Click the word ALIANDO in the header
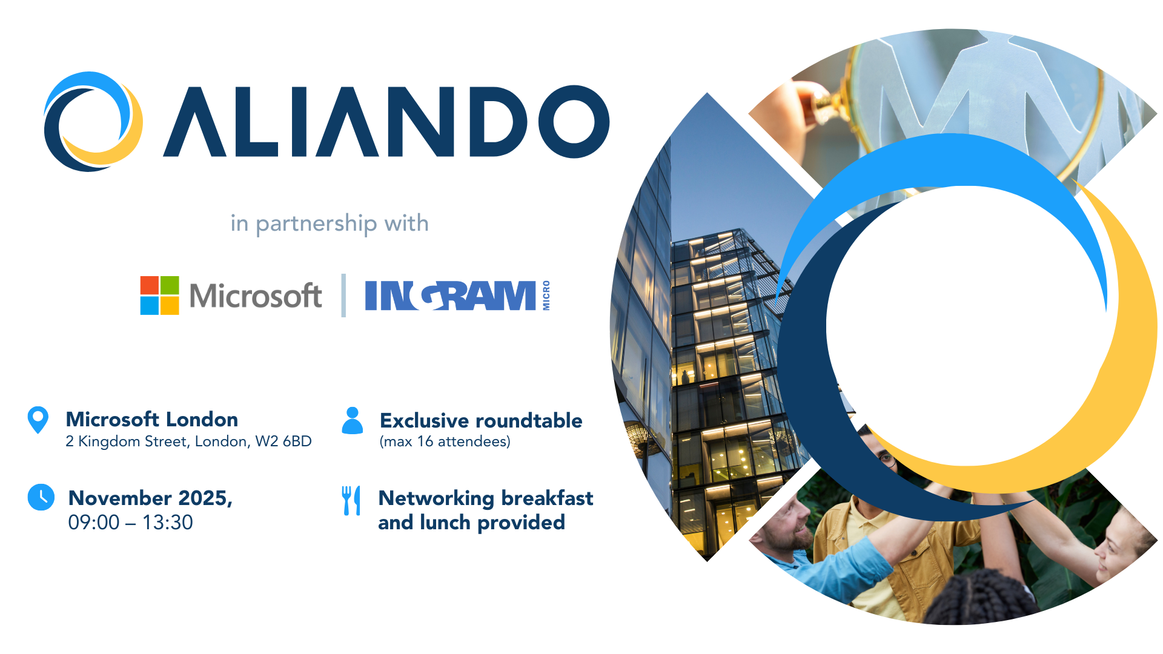tap(386, 122)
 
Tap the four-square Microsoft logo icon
tap(160, 296)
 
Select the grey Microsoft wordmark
tap(255, 296)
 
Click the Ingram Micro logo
tap(457, 296)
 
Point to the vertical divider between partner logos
tap(343, 296)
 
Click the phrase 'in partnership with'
tap(330, 223)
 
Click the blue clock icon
tap(41, 497)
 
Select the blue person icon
tap(353, 420)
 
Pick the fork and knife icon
tap(351, 500)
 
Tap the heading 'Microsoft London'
tap(152, 419)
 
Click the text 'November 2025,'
tap(151, 498)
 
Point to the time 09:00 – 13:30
tap(131, 522)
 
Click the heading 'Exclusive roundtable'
tap(481, 420)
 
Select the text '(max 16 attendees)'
tap(445, 441)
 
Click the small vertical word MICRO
tap(546, 296)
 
